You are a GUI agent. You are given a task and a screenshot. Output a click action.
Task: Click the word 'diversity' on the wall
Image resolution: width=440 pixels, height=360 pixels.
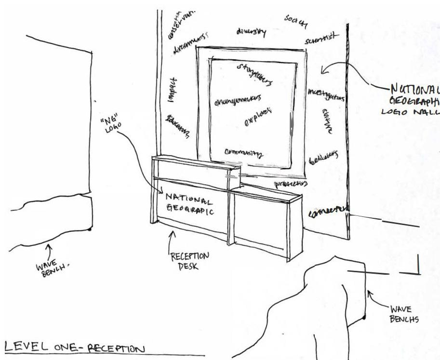[251, 31]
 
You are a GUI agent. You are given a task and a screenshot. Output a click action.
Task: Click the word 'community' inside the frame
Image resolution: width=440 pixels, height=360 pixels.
[244, 153]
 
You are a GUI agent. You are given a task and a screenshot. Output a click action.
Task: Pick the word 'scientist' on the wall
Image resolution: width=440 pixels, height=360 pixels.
[321, 39]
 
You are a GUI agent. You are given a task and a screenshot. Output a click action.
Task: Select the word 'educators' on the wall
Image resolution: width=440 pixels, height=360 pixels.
[177, 127]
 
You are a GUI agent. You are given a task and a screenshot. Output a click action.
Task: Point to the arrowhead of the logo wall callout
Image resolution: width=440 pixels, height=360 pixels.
[323, 72]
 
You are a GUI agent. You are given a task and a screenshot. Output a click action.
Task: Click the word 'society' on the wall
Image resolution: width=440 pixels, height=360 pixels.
[296, 21]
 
